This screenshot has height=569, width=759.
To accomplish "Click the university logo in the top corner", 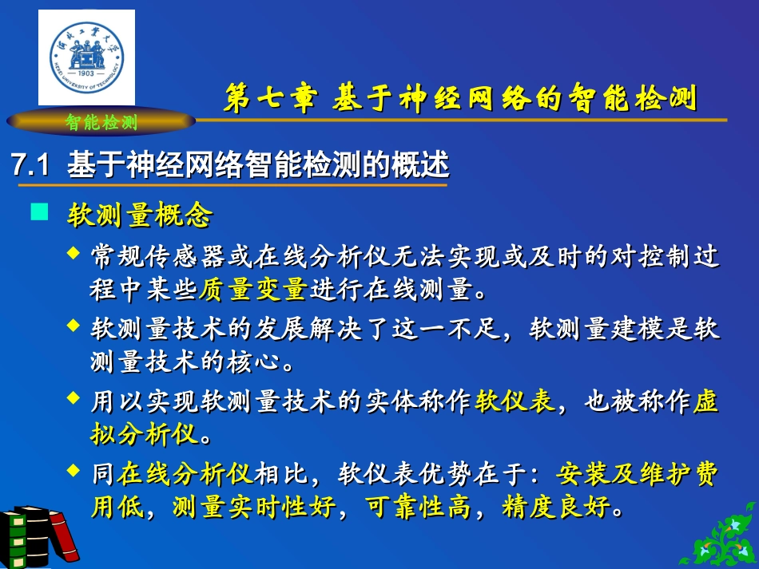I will click(x=86, y=57).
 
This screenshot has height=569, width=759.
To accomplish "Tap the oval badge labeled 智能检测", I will click(x=101, y=122).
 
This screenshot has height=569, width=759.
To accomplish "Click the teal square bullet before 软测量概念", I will click(x=38, y=212).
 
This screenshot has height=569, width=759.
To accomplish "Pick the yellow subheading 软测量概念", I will click(x=140, y=214).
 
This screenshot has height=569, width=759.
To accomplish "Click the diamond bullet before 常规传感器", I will click(x=74, y=253).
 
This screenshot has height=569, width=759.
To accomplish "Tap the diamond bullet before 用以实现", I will click(x=74, y=397).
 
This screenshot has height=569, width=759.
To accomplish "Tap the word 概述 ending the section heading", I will click(x=428, y=166).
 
